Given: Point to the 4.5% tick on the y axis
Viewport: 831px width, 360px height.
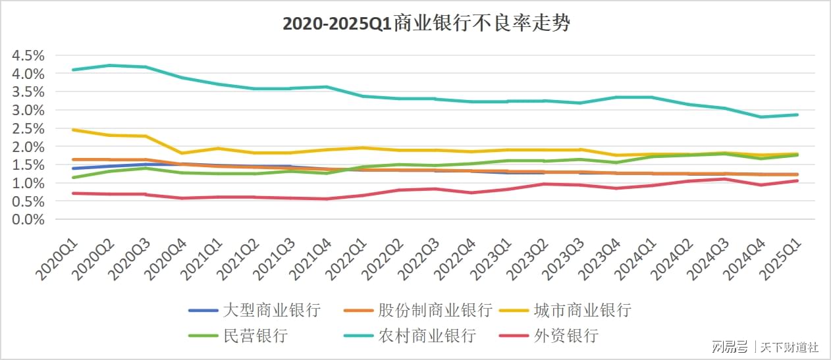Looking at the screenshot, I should pos(27,55).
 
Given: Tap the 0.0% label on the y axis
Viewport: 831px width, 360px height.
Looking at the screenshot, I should pos(27,220).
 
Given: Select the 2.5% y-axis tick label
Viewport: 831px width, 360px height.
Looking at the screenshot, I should pos(27,128).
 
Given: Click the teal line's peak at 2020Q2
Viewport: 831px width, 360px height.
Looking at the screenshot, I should pos(109,65).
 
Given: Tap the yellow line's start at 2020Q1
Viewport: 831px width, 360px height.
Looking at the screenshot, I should pos(73,130).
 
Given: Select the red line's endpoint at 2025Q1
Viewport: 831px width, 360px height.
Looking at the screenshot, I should pos(798,180).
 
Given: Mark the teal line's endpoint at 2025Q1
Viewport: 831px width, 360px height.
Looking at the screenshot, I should pos(798,115).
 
